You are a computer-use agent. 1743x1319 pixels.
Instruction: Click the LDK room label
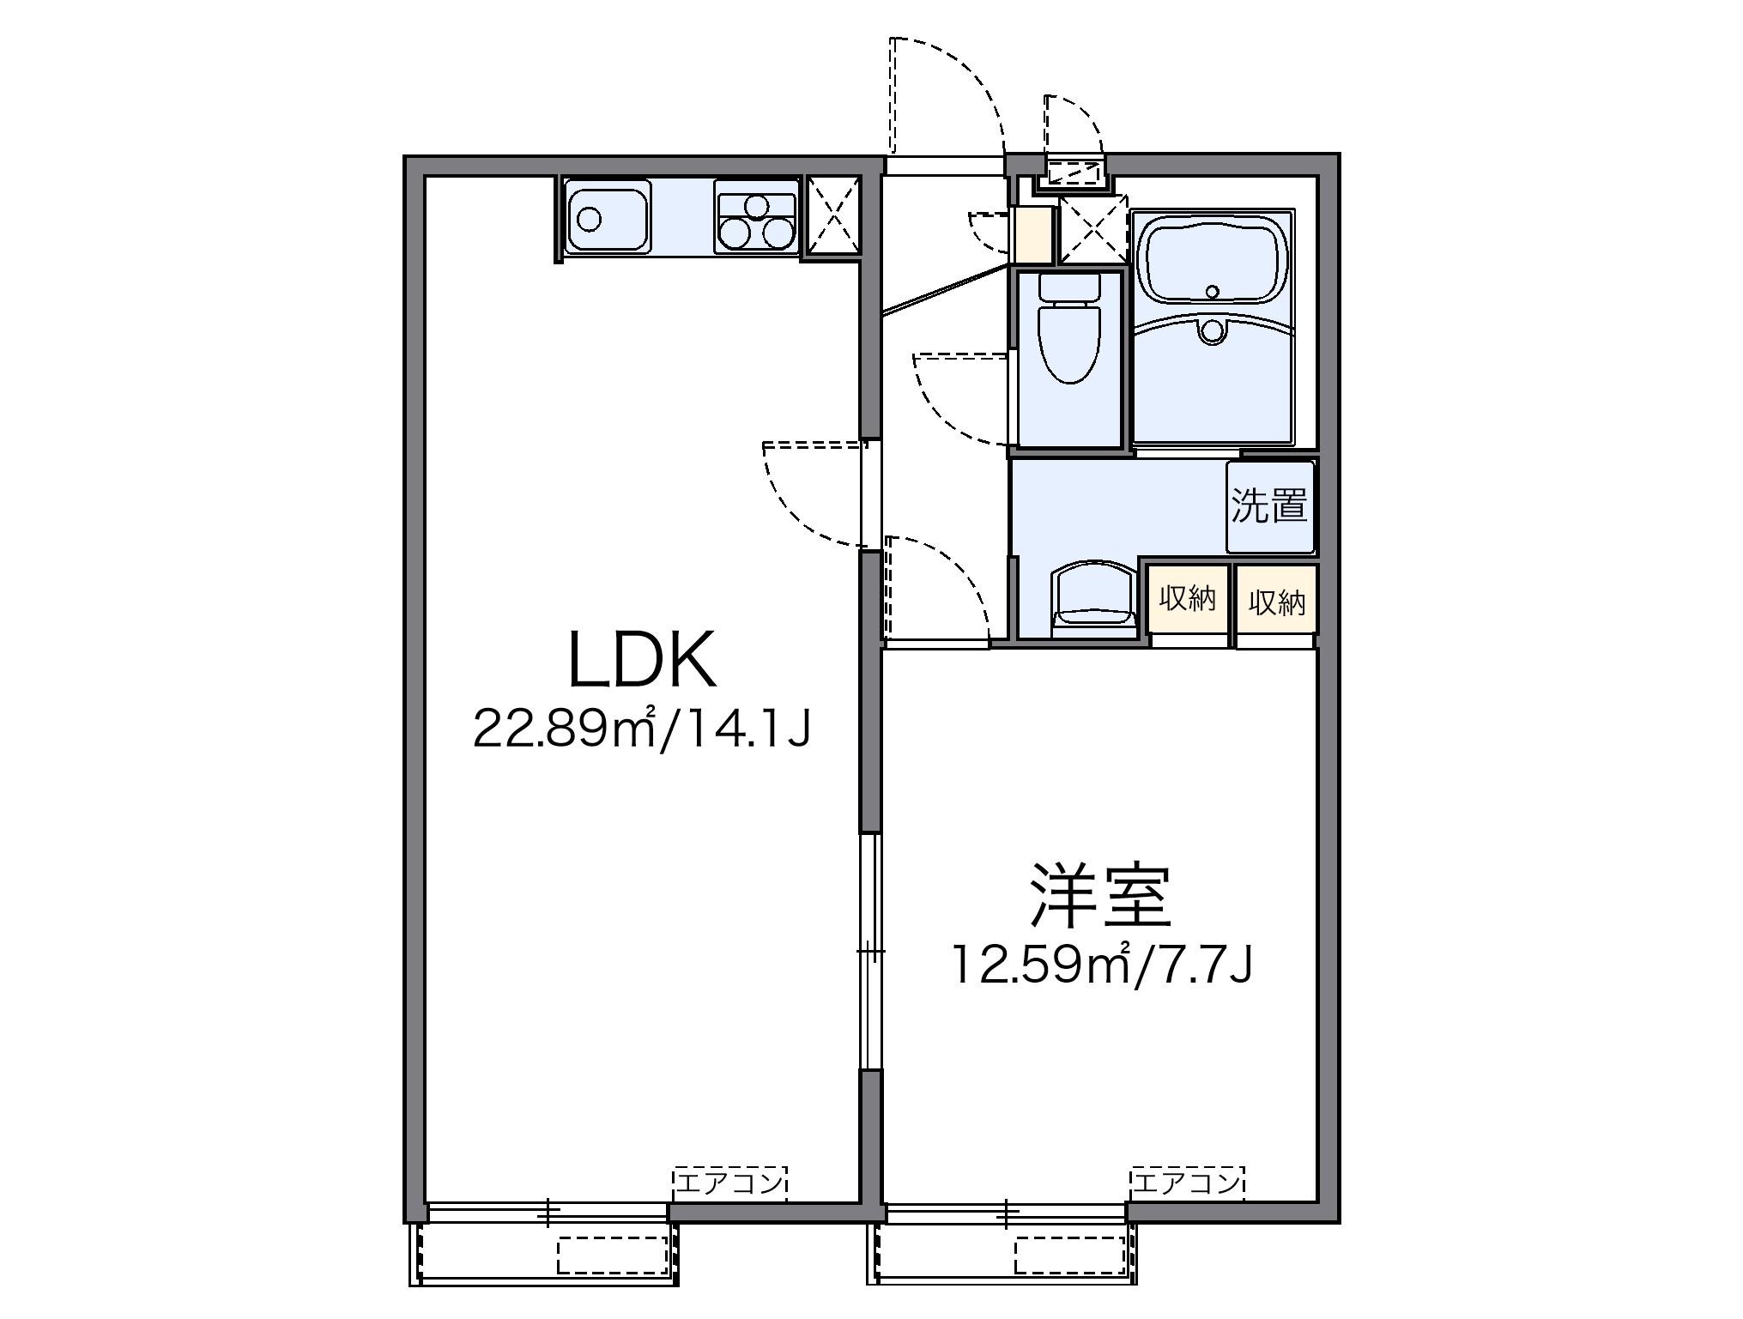[642, 662]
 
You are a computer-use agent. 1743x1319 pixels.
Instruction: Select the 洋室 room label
[1101, 897]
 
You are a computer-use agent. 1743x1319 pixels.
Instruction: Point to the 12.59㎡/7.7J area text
[1101, 965]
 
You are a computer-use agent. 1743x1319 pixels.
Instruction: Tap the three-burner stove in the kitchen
[756, 218]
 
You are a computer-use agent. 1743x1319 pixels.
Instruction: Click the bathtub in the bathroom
[1212, 257]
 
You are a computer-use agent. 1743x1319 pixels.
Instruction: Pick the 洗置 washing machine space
[1269, 506]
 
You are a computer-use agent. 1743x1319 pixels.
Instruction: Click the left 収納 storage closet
[1188, 599]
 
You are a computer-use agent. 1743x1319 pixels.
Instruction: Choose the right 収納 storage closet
[1276, 601]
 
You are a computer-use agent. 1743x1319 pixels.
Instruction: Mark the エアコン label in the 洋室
[1187, 1183]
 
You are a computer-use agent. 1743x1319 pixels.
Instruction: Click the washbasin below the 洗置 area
[1092, 596]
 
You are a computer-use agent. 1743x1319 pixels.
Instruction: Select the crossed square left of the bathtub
[1092, 228]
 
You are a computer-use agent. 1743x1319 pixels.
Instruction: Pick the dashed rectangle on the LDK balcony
[612, 1255]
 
